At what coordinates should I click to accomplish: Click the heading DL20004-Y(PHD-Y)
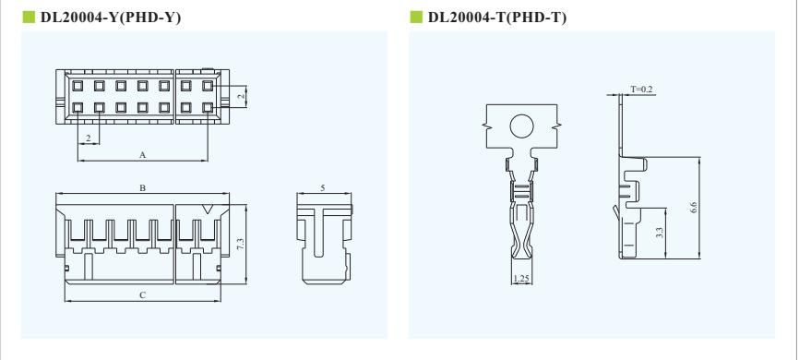coord(111,18)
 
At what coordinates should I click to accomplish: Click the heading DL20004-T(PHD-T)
coord(497,18)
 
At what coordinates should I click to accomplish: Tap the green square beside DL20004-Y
coord(29,18)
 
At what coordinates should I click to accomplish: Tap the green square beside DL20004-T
coord(416,18)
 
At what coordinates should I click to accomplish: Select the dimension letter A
coord(143,154)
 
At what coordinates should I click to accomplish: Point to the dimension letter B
coord(143,188)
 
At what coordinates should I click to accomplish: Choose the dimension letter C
coord(143,294)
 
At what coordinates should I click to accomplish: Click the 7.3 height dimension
coord(241,244)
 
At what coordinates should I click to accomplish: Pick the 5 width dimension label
coord(323,187)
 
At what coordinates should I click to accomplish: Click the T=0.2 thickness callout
coord(641,90)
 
